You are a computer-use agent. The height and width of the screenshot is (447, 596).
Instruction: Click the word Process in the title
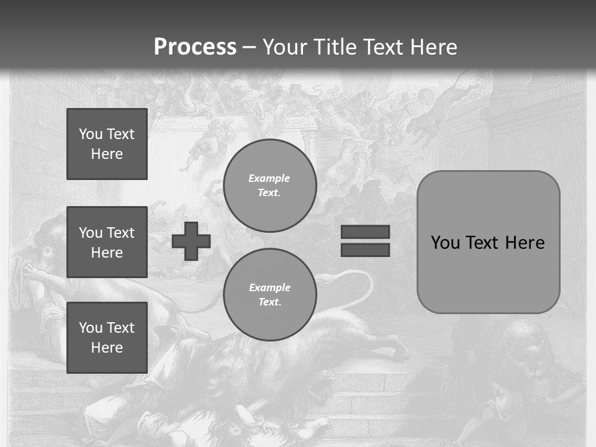click(x=195, y=47)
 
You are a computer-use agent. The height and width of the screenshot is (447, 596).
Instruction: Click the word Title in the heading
click(x=335, y=47)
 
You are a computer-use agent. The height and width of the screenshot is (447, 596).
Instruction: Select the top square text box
click(x=107, y=144)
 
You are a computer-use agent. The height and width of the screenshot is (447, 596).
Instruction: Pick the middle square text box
click(x=107, y=242)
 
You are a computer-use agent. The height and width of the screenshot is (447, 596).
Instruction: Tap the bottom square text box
click(x=107, y=337)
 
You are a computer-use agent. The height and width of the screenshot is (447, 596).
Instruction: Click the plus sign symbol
click(x=191, y=241)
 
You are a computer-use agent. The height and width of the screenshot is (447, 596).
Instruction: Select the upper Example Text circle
click(x=270, y=186)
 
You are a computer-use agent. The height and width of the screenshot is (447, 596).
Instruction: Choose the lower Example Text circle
click(x=270, y=295)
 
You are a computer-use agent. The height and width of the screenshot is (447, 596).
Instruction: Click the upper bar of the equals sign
click(x=365, y=232)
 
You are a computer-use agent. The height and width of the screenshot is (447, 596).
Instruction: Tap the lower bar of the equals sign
click(x=365, y=250)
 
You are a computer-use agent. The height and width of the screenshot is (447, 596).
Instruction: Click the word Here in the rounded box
click(x=525, y=243)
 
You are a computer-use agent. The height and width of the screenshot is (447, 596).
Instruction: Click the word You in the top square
click(x=91, y=134)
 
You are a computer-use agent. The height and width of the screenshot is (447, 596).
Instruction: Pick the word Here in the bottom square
click(x=107, y=348)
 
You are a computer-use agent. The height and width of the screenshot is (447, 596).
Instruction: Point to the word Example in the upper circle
click(x=269, y=178)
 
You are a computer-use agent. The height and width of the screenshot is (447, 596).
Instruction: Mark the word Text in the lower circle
click(x=269, y=302)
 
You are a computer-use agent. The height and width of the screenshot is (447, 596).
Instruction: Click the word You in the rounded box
click(x=446, y=243)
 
